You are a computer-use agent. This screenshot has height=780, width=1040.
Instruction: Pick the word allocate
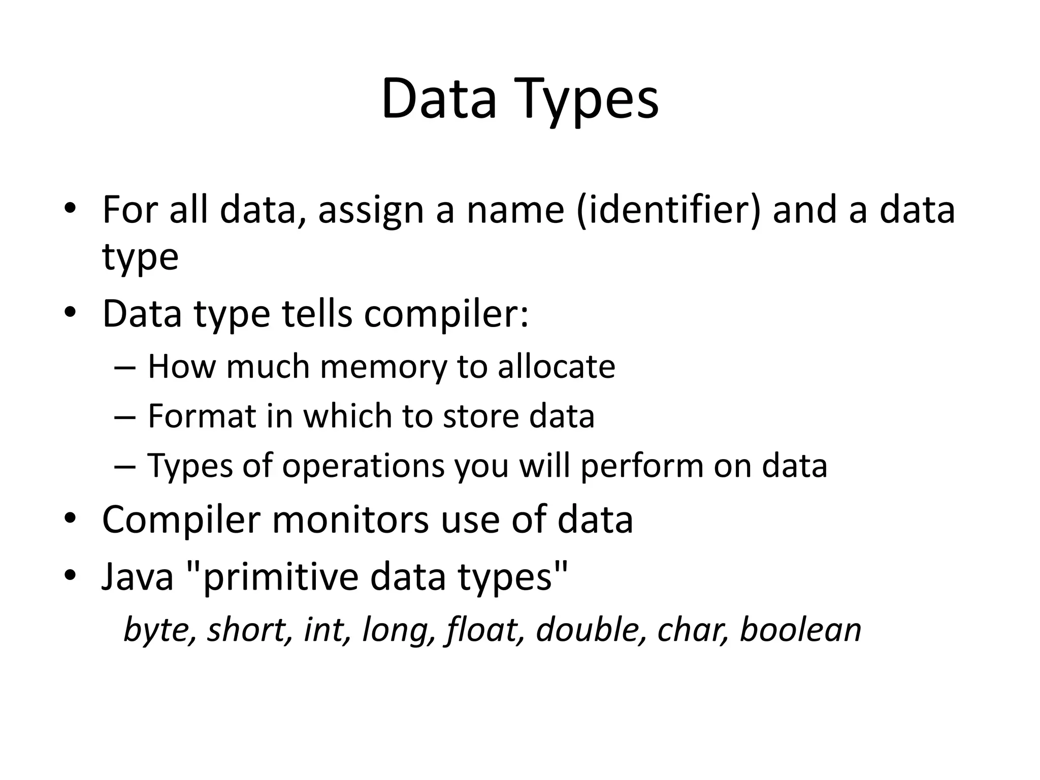556,367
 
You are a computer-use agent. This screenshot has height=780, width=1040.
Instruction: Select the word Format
202,416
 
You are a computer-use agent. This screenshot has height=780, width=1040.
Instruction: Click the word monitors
350,520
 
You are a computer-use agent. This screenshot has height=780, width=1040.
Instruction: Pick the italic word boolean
800,630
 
